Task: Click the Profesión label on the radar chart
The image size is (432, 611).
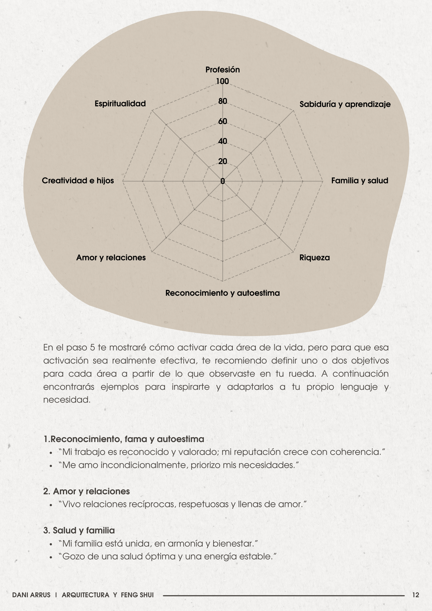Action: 222,70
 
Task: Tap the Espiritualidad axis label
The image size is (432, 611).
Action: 120,104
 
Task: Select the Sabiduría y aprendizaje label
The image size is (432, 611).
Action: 345,104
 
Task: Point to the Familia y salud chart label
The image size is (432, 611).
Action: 360,181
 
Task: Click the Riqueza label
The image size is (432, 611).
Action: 314,258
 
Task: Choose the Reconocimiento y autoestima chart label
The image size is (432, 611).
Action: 222,293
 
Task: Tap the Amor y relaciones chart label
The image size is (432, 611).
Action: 111,258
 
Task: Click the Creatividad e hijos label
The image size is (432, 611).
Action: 78,181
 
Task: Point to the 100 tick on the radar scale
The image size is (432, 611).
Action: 222,81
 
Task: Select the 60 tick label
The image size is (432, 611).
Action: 223,121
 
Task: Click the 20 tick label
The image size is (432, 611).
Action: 223,161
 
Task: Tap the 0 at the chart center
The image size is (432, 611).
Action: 222,181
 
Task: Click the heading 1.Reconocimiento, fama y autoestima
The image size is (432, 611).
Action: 124,439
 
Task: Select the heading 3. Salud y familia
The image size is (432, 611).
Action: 79,530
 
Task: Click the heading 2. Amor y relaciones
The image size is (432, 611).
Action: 86,491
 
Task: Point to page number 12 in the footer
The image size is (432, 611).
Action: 416,595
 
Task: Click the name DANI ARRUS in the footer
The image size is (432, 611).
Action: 31,595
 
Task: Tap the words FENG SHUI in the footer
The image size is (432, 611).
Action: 137,595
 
